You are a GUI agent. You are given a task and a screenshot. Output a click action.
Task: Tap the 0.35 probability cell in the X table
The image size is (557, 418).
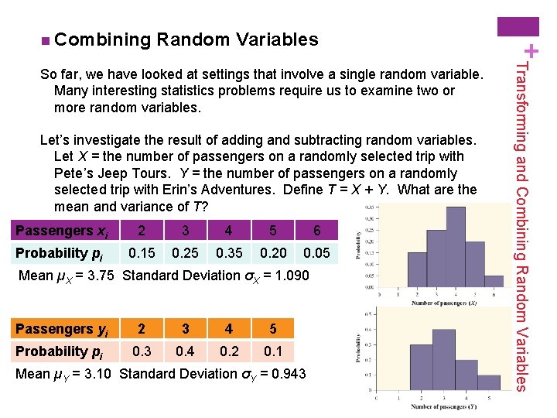click(x=228, y=253)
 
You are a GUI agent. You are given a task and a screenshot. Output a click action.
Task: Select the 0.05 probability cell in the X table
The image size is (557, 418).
click(x=316, y=253)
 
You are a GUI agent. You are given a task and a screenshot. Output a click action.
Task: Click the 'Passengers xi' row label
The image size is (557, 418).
click(x=62, y=231)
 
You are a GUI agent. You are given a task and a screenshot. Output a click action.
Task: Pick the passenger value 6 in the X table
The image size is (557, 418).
click(x=316, y=231)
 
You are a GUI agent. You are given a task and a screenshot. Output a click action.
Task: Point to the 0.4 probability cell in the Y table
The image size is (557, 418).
click(x=184, y=351)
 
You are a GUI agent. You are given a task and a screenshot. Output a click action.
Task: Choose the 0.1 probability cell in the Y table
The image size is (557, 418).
click(x=272, y=351)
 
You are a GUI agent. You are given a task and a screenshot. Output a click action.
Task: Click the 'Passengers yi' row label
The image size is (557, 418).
click(x=62, y=329)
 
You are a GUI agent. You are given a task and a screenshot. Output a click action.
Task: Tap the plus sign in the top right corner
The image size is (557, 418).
click(x=544, y=51)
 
